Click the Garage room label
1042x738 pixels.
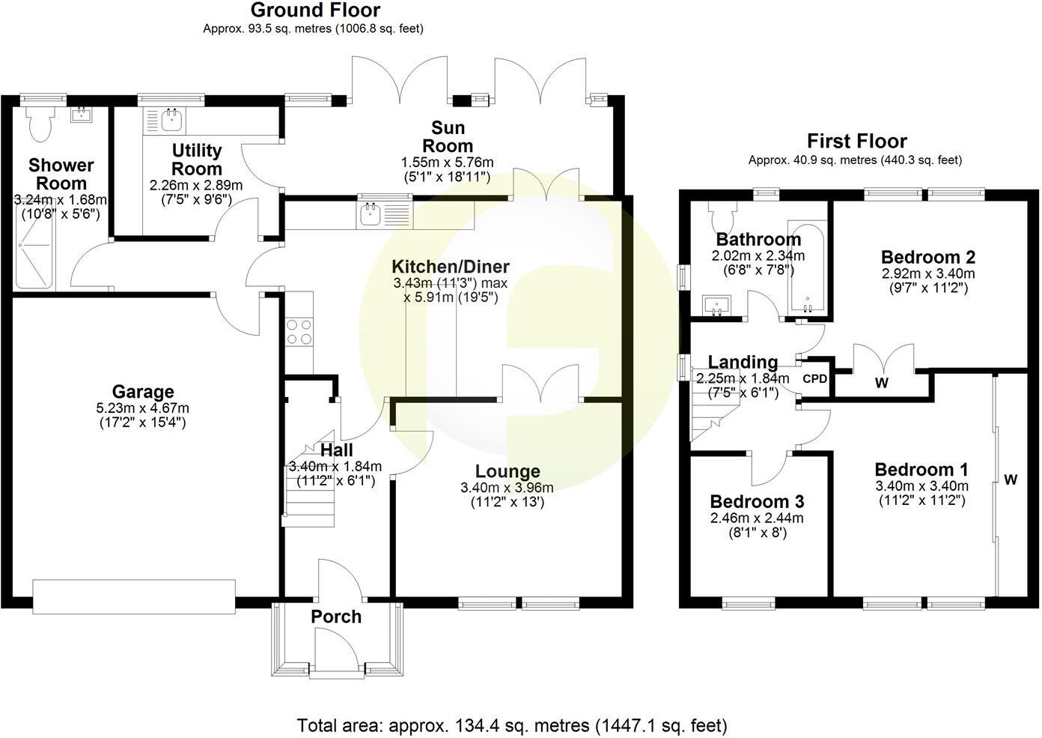tap(142, 391)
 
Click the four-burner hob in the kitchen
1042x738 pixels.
tap(299, 331)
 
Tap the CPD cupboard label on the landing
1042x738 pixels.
tap(814, 379)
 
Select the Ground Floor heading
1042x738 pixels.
tap(314, 10)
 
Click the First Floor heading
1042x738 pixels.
tap(856, 141)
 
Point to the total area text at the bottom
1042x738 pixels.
tap(512, 725)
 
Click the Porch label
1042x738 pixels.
tap(336, 617)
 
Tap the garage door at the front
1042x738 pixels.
tap(134, 596)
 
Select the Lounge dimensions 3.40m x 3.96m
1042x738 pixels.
tap(508, 488)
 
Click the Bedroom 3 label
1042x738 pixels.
tap(757, 501)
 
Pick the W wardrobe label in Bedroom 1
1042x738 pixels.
tap(1010, 480)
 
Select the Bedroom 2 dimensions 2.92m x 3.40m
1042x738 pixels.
tap(927, 273)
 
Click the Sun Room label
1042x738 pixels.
tap(448, 136)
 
